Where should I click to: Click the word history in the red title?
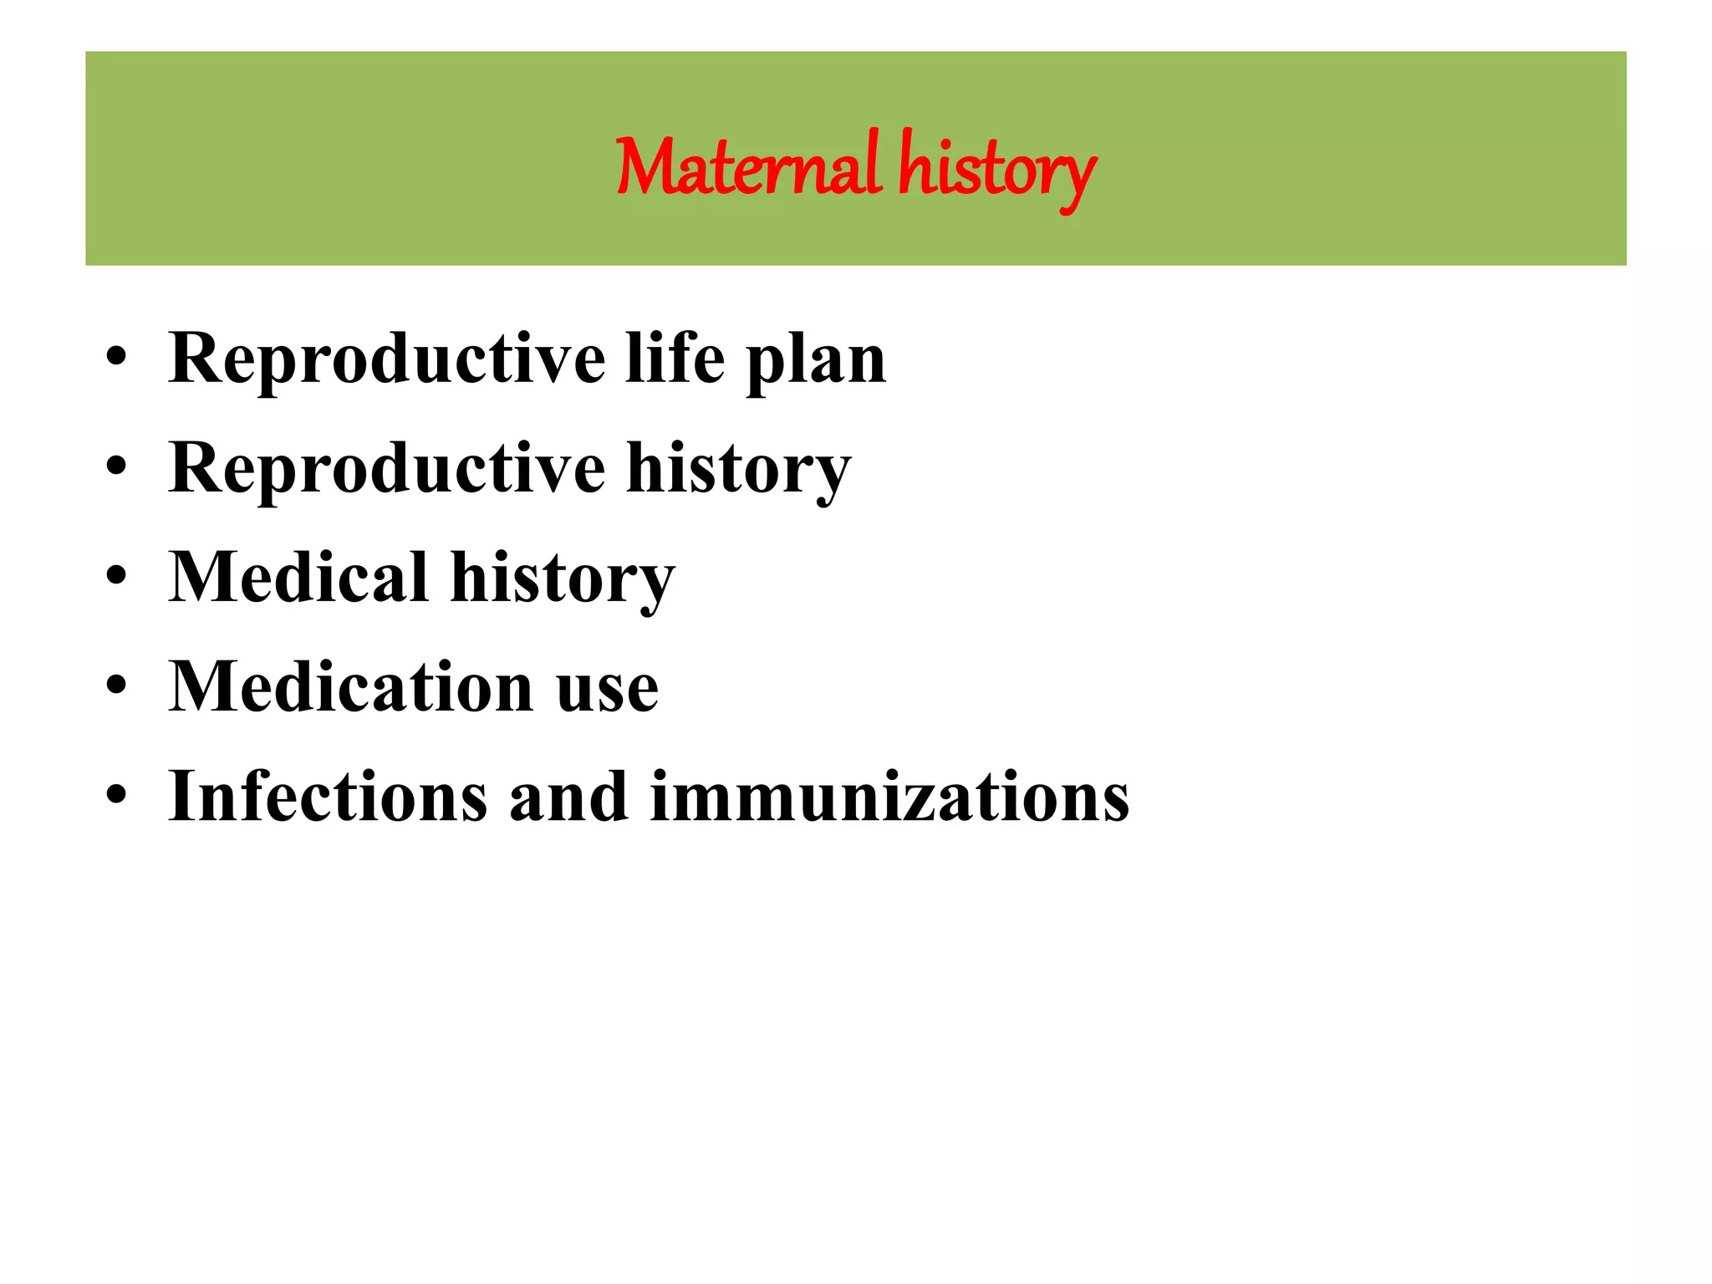click(x=996, y=170)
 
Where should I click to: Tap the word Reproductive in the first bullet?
click(x=386, y=359)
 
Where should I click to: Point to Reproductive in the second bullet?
click(x=386, y=469)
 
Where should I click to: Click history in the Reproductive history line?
click(x=738, y=470)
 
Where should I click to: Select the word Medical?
click(x=298, y=578)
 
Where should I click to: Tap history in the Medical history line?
click(x=562, y=579)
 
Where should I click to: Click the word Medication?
click(x=350, y=687)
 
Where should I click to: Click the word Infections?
click(x=328, y=797)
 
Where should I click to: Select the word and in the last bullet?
click(x=568, y=797)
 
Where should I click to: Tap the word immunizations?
click(x=889, y=797)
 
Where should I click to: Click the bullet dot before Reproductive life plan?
click(x=116, y=358)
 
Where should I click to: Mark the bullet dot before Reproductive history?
click(x=116, y=467)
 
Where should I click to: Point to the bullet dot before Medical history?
click(x=116, y=577)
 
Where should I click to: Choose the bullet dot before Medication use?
click(x=116, y=686)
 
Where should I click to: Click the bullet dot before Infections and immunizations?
click(x=116, y=796)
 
